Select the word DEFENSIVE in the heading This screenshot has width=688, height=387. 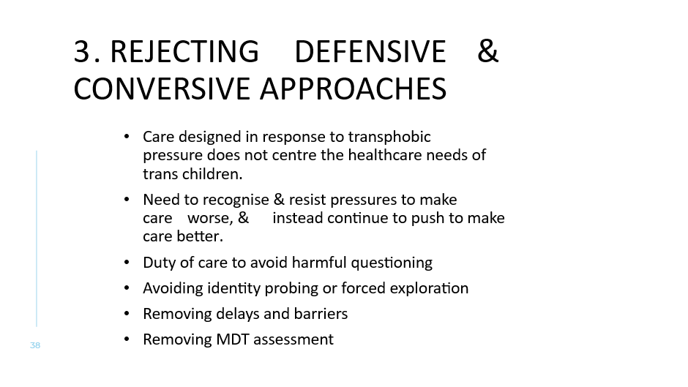(370, 52)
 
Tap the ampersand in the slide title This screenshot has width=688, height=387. (487, 52)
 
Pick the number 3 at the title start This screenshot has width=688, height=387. (81, 52)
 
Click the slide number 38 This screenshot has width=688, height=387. (35, 345)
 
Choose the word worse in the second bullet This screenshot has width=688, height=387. (209, 218)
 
